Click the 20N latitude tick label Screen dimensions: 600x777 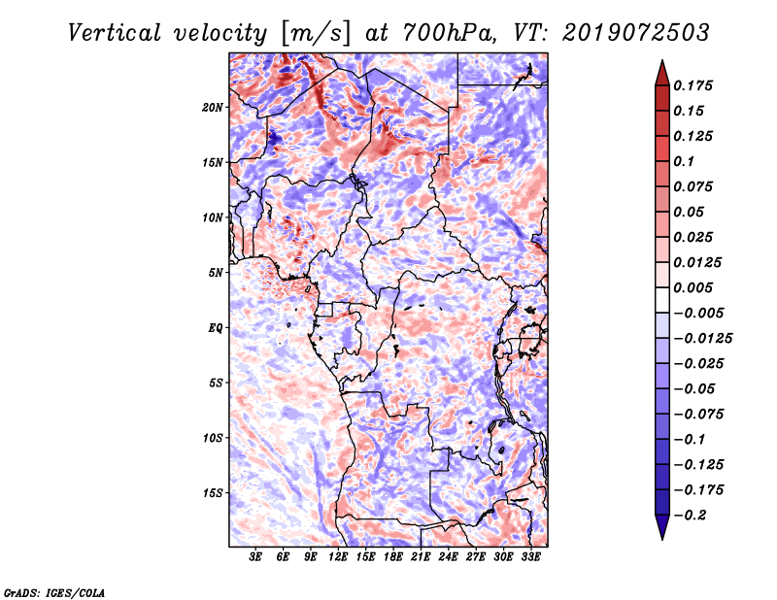pyautogui.click(x=213, y=107)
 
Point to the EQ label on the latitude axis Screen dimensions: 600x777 pyautogui.click(x=216, y=328)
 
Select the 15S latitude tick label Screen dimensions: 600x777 pyautogui.click(x=213, y=493)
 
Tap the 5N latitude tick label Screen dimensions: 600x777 pyautogui.click(x=216, y=273)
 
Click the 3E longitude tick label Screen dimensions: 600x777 pyautogui.click(x=256, y=557)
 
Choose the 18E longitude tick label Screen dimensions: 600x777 pyautogui.click(x=393, y=557)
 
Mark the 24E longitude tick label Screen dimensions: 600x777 pyautogui.click(x=448, y=557)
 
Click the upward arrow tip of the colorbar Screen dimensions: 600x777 pyautogui.click(x=660, y=63)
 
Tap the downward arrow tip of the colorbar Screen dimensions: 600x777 pyautogui.click(x=660, y=537)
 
